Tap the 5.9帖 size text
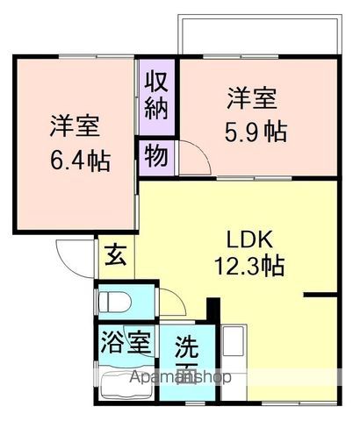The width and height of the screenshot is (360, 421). pyautogui.click(x=256, y=132)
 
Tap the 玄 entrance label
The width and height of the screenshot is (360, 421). pyautogui.click(x=116, y=256)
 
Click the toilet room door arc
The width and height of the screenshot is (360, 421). pyautogui.click(x=171, y=305)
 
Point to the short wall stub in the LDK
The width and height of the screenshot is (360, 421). pyautogui.click(x=320, y=296)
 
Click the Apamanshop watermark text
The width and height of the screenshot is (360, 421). pyautogui.click(x=181, y=378)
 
